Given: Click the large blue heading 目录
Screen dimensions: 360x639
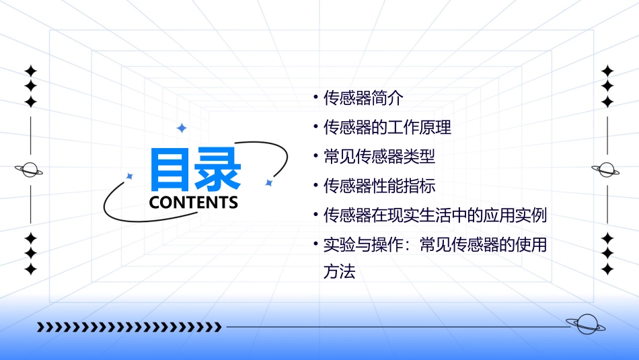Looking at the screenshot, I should pos(194,170).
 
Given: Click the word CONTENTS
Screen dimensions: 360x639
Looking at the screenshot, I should pos(194,203).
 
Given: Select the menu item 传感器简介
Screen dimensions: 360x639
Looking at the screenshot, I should pos(363,98).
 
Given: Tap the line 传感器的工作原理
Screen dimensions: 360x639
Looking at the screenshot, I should pos(387,127).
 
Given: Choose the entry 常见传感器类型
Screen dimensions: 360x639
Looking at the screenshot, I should pos(379,157).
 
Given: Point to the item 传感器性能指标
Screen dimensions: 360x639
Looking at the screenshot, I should pos(379,186).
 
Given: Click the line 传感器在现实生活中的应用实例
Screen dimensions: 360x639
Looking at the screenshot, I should pos(435,216).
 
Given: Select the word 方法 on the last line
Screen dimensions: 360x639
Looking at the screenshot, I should pos(339,273).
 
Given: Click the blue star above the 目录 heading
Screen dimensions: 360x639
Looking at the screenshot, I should pos(181,128).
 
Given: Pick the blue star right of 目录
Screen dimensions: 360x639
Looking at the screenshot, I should pos(268,182).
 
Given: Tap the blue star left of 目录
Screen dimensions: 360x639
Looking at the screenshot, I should pos(130,176).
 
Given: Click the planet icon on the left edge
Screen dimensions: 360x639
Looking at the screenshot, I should pos(30,170).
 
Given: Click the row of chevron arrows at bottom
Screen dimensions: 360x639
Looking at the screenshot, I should pos(129,327).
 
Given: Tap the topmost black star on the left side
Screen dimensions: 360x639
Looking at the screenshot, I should pos(30,71).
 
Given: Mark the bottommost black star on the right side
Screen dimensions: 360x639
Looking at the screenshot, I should pos(608,270).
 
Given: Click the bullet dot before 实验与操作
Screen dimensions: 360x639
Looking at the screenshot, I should pos(315,244).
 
